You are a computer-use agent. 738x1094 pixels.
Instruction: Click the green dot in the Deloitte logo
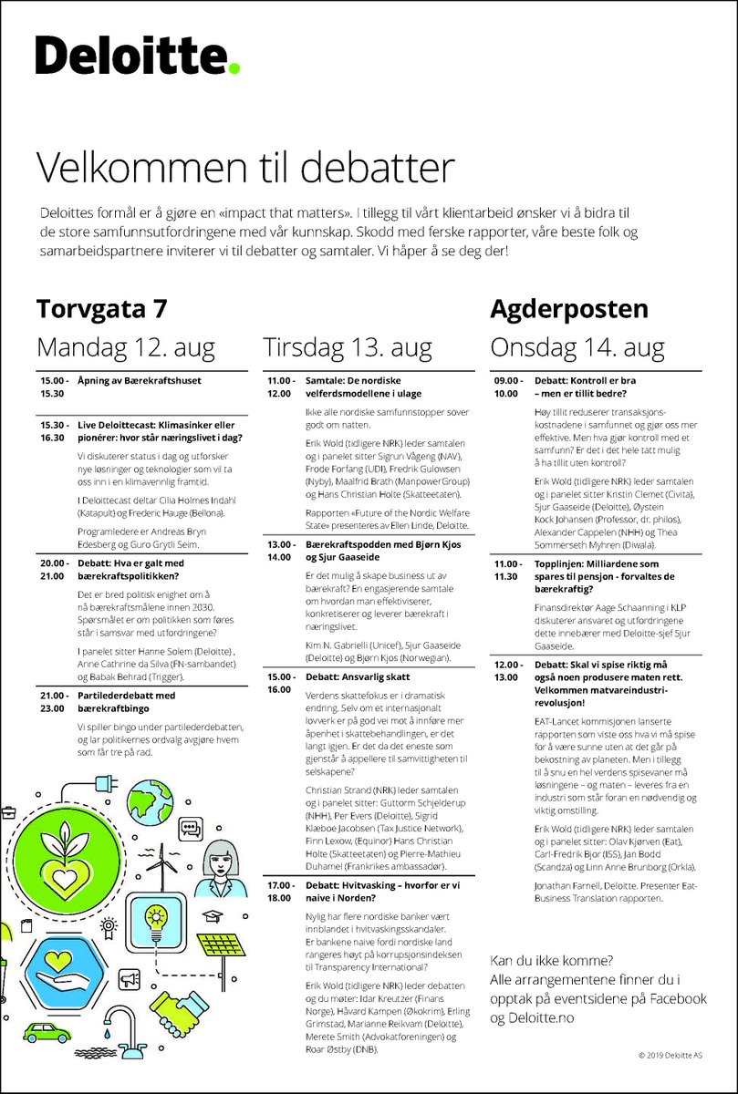point(234,68)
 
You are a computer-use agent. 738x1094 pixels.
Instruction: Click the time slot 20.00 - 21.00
point(52,569)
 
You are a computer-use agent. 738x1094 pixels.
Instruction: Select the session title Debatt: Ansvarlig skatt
point(358,677)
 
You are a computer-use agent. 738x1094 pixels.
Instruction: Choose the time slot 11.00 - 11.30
point(506,571)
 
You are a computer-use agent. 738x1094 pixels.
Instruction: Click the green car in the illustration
point(48,1033)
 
